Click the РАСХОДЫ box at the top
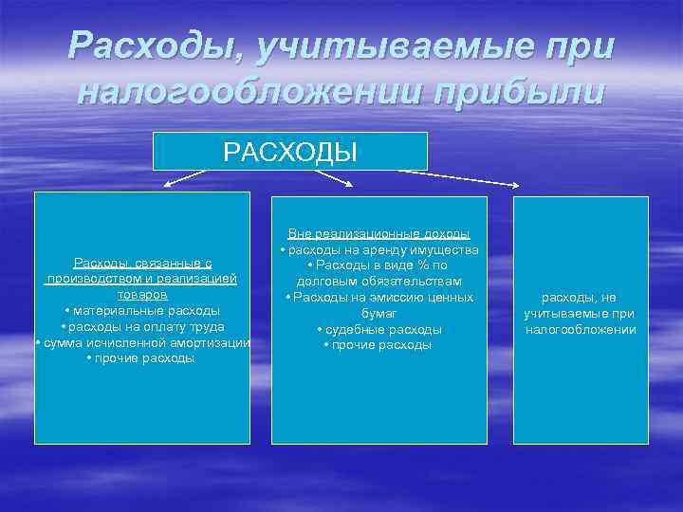tap(290, 152)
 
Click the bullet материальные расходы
tap(142, 311)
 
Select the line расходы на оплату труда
tap(142, 327)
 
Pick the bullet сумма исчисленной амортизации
tap(142, 342)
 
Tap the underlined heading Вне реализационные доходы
tap(379, 233)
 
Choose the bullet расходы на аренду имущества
tap(379, 249)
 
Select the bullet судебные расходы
tap(379, 329)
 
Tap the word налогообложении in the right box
tap(581, 329)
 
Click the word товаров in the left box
tap(142, 295)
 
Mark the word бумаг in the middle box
tap(379, 313)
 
